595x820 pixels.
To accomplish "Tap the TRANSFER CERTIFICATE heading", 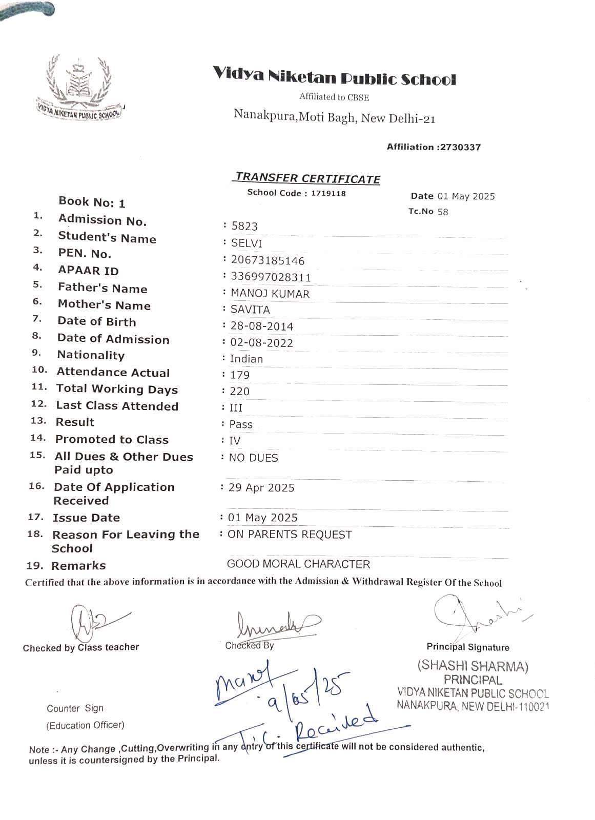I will point(307,178).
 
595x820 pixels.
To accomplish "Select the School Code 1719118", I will point(329,193).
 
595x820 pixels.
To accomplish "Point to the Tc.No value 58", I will point(443,212).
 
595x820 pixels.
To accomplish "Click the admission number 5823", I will point(244,226).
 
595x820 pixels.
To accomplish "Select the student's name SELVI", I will point(247,243).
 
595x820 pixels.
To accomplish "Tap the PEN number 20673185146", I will point(268,260).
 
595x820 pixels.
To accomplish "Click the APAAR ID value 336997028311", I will point(271,277).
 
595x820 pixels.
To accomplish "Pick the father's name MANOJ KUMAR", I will point(270,294).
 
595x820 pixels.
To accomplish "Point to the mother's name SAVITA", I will point(250,310).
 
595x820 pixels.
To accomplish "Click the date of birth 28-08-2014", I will point(262,326).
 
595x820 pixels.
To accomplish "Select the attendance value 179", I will point(240,375).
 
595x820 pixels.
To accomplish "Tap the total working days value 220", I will point(240,391).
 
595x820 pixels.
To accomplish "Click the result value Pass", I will point(241,424).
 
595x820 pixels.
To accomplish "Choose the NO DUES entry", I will point(253,458).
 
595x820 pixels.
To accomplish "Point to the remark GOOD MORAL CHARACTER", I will point(298,564).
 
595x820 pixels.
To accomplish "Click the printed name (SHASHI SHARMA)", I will point(473,666).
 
